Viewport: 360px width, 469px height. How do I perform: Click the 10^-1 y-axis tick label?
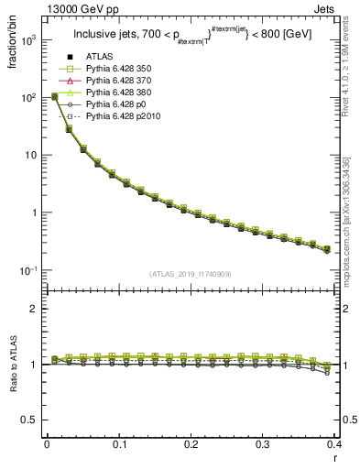pos(29,271)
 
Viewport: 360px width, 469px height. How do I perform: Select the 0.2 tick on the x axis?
pos(191,444)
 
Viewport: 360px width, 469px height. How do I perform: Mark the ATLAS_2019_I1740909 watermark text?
pos(191,275)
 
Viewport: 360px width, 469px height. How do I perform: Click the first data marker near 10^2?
pos(54,96)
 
